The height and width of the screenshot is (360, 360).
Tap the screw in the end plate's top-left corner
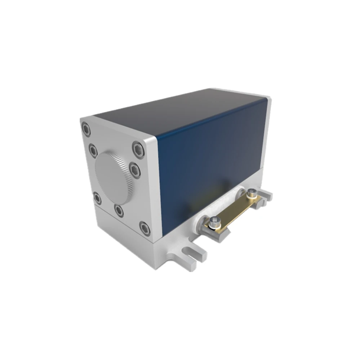click(86, 129)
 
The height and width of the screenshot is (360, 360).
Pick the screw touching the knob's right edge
click(135, 170)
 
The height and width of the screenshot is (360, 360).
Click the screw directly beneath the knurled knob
click(119, 210)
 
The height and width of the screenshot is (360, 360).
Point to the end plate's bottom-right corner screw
click(145, 228)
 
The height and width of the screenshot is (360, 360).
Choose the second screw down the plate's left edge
click(93, 150)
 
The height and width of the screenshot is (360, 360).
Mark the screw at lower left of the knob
click(97, 198)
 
